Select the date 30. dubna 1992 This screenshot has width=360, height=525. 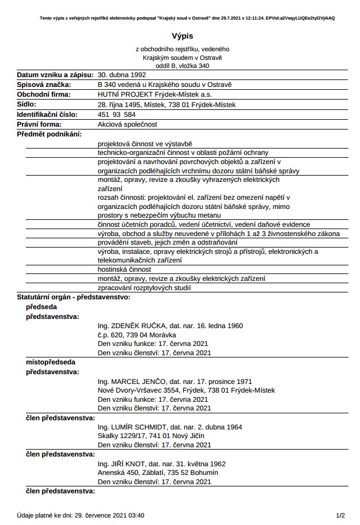click(122, 75)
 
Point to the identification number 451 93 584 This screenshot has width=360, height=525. click(117, 114)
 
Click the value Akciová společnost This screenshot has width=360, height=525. click(127, 124)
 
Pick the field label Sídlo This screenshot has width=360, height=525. click(26, 104)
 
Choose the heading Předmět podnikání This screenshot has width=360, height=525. click(50, 134)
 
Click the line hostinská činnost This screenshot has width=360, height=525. click(124, 269)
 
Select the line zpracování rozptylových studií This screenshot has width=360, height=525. click(144, 287)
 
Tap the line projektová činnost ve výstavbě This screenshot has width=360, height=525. click(145, 143)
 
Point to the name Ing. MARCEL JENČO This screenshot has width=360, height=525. click(131, 381)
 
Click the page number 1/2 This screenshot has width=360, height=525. click(340, 515)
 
